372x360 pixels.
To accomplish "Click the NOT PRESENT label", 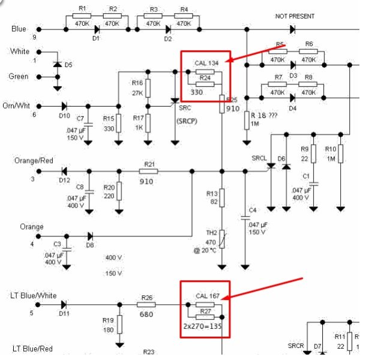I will tap(294, 16).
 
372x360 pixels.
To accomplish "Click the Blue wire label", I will tap(19, 28).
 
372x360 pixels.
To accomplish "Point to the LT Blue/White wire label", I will tap(34, 295).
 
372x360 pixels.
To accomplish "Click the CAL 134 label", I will tap(207, 63).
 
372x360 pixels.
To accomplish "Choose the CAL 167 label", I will tap(208, 296).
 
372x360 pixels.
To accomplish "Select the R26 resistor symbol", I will tap(147, 305).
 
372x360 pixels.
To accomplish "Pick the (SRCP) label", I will tap(188, 121).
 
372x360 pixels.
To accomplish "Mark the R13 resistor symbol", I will tap(222, 196).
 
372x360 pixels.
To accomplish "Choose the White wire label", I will tap(20, 52).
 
